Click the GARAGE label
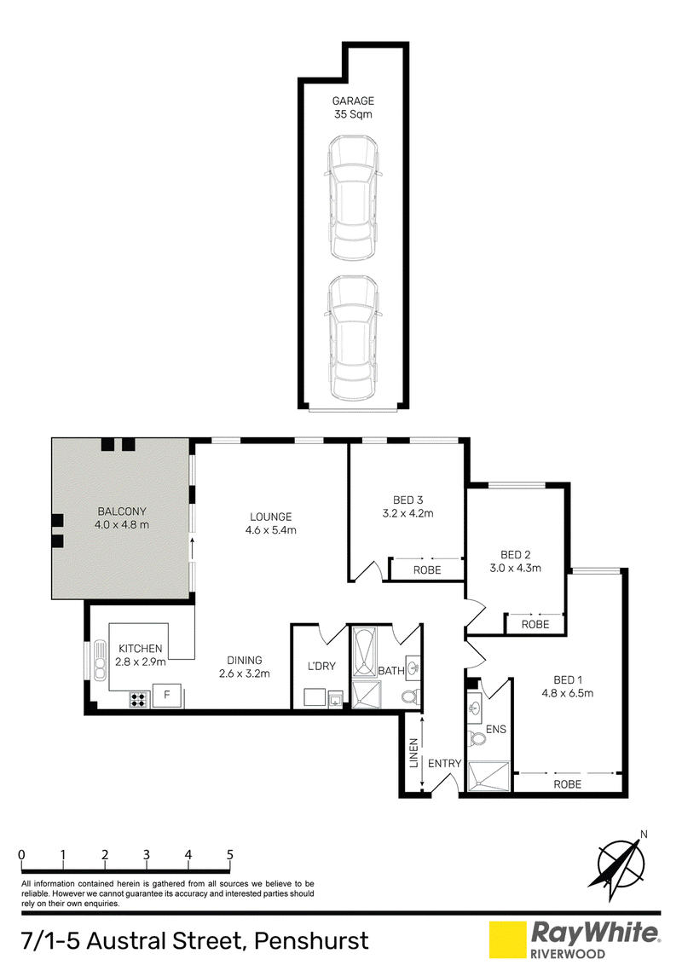[353, 101]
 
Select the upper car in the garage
[353, 197]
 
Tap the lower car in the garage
[353, 338]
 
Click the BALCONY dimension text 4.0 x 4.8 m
[122, 525]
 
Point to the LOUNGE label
[271, 517]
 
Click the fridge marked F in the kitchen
[167, 696]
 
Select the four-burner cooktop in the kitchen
[138, 700]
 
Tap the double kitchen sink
[100, 661]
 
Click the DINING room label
[245, 661]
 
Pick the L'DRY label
[321, 666]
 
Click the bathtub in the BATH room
[364, 653]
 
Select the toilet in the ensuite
[477, 738]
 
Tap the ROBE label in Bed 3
[427, 570]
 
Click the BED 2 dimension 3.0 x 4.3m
[515, 568]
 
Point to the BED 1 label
[568, 680]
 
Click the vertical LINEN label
[414, 753]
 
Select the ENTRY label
[444, 764]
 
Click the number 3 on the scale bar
[147, 854]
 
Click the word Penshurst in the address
[311, 941]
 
